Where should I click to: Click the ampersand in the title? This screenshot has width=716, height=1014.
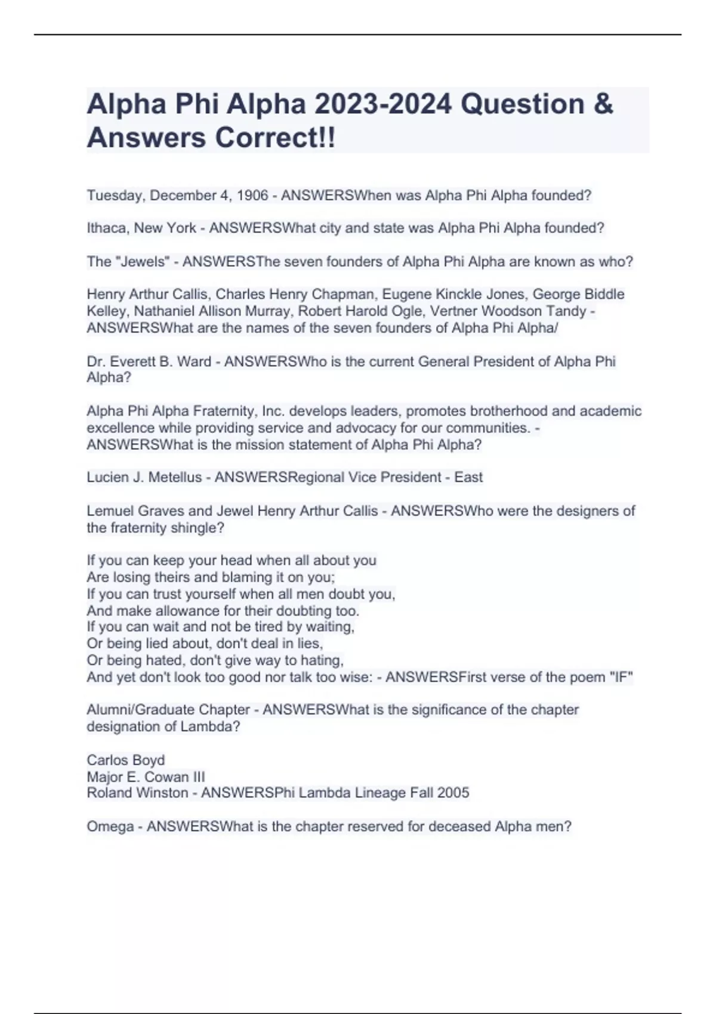point(604,104)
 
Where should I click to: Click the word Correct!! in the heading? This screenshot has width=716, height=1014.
point(275,138)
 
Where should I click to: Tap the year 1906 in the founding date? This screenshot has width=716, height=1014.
point(252,196)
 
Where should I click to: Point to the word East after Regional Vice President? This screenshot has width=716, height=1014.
point(468,477)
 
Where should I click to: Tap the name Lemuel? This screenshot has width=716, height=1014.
point(110,511)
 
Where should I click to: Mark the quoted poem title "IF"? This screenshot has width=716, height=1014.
point(621,677)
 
